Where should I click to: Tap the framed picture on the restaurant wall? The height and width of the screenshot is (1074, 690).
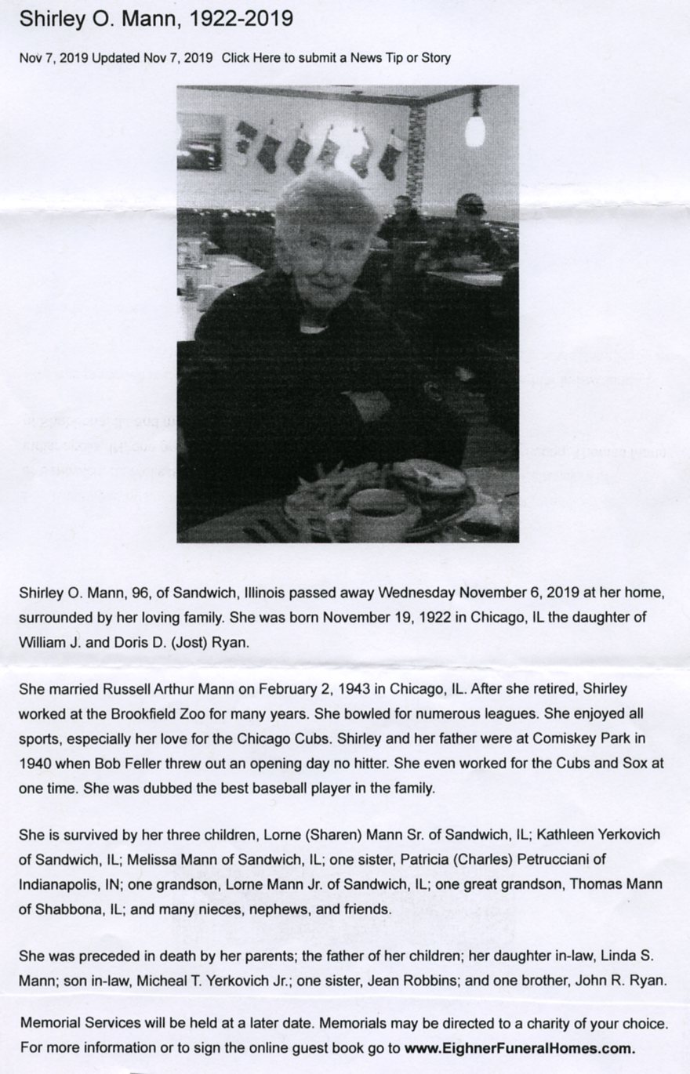tap(200, 141)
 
